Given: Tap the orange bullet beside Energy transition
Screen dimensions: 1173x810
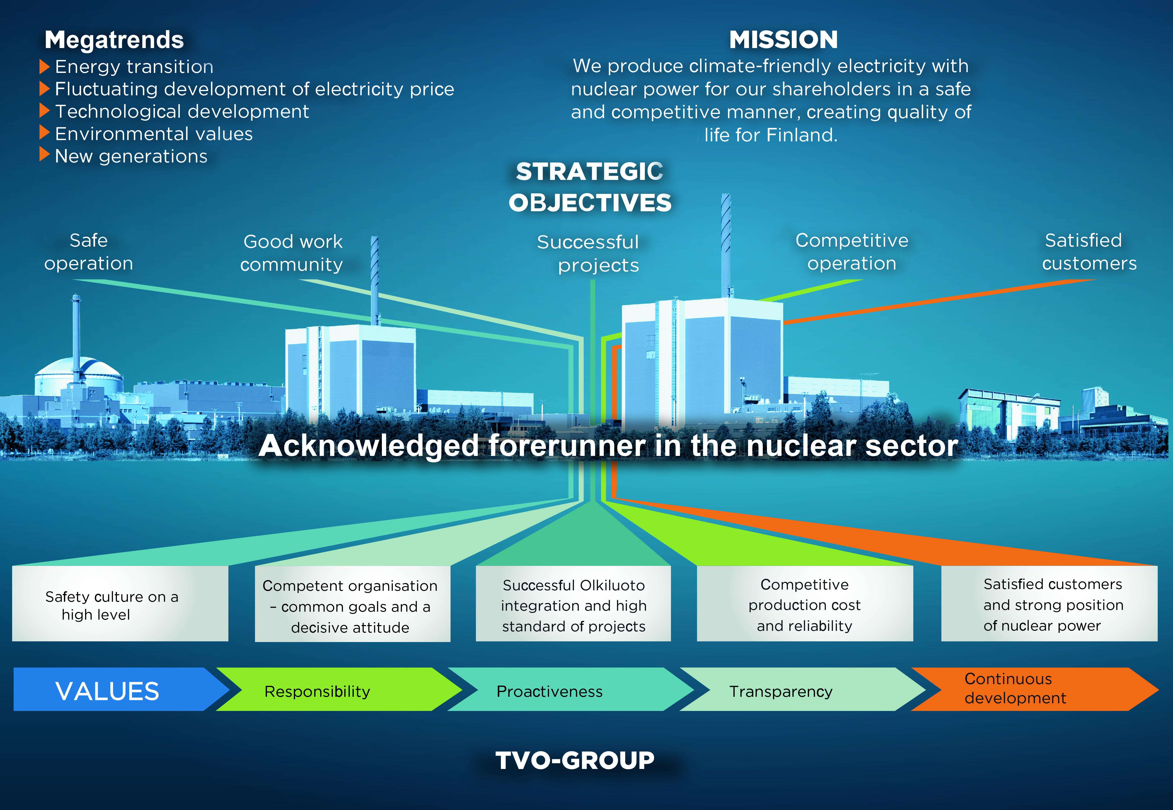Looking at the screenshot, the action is [x=44, y=66].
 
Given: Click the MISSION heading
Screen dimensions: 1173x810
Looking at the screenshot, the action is [x=783, y=40].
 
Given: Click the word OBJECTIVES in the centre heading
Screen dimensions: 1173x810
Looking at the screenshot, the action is [x=590, y=203].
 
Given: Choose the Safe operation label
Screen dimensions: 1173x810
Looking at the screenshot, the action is [x=89, y=252].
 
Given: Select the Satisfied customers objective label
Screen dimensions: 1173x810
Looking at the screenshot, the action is [x=1089, y=252].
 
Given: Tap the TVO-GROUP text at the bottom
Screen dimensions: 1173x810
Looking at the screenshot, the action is [x=575, y=760].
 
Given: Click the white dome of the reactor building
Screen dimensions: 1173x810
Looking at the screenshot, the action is [x=79, y=369].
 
